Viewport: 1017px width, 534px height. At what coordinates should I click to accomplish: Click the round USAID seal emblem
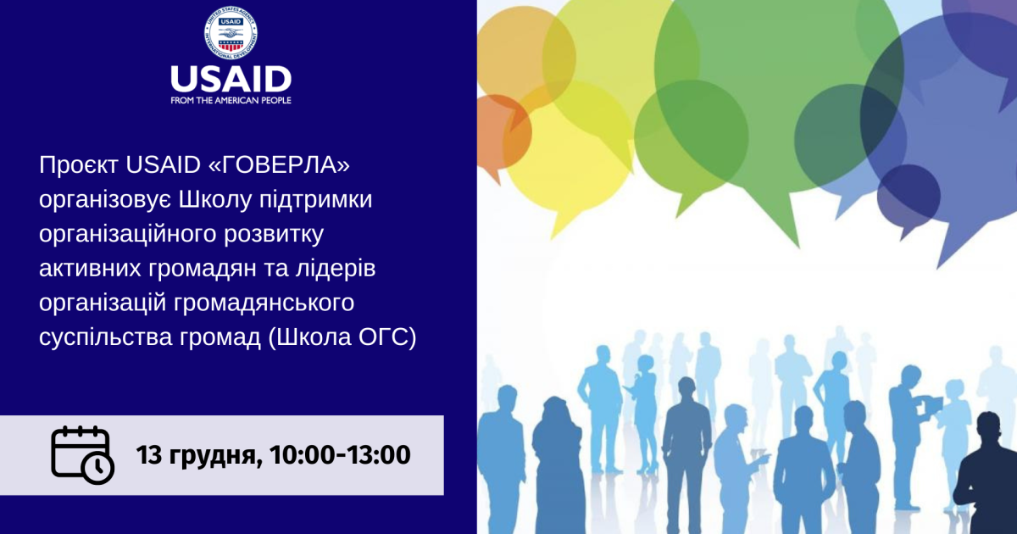(231, 33)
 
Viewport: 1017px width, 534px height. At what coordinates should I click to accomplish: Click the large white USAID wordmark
(231, 80)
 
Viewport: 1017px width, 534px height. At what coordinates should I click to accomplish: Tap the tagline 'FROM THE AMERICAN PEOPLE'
(231, 100)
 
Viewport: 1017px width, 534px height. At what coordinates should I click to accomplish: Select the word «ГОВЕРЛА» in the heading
(279, 164)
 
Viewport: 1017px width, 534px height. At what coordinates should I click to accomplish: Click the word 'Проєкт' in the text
(79, 165)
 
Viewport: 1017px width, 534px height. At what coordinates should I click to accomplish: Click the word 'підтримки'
(315, 200)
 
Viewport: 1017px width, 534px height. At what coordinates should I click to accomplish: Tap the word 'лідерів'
(336, 268)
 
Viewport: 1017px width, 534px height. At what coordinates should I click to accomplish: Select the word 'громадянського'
(264, 303)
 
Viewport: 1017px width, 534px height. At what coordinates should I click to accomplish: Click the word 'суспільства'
(105, 337)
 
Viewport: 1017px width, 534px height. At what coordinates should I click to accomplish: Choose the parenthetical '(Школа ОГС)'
(342, 337)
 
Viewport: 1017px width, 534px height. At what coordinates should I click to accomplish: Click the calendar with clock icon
(82, 455)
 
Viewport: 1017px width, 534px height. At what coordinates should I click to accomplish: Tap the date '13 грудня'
(199, 455)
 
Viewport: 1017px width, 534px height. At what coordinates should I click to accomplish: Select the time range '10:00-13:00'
(340, 454)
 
